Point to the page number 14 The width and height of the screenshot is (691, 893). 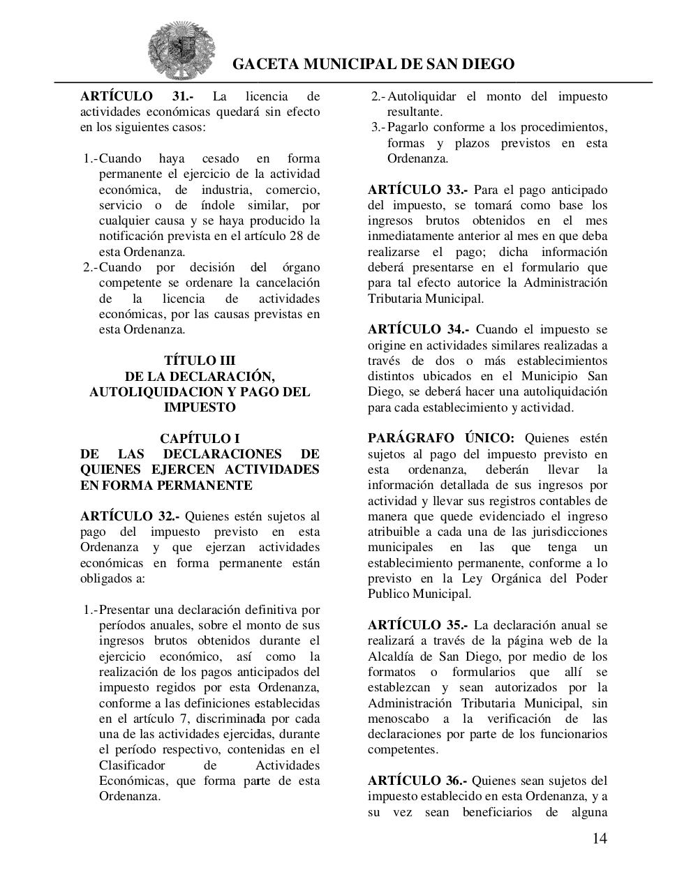(x=600, y=838)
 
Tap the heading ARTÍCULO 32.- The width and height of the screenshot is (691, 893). (x=130, y=516)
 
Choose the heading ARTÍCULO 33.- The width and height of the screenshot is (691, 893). (x=418, y=190)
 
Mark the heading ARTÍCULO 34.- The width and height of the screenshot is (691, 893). (x=418, y=329)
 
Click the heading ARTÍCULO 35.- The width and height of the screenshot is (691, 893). (x=417, y=625)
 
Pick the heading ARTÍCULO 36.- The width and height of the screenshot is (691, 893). (x=417, y=781)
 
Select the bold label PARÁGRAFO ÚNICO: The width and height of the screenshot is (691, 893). (x=441, y=438)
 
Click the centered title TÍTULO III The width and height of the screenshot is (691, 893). (x=200, y=361)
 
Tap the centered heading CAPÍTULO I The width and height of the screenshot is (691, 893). (x=200, y=438)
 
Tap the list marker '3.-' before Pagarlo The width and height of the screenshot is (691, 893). (x=378, y=128)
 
